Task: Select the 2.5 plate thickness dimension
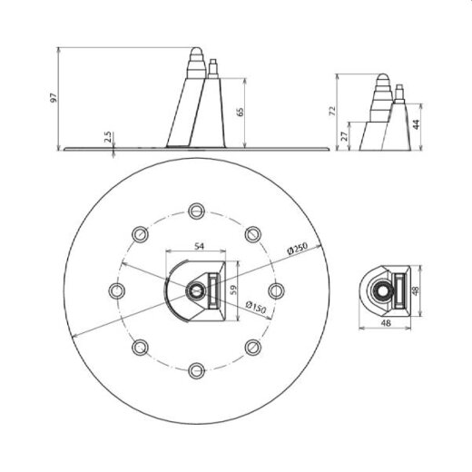[x=107, y=138]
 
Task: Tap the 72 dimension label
[x=333, y=110]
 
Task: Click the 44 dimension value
[x=416, y=123]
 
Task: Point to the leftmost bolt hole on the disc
[x=116, y=290]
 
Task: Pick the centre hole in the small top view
[x=384, y=290]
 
